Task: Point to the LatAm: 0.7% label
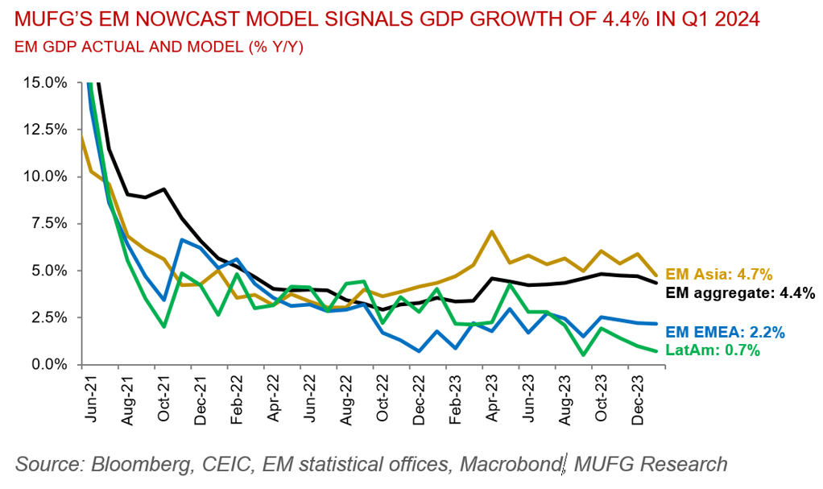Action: pyautogui.click(x=714, y=350)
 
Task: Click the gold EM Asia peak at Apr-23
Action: pyautogui.click(x=491, y=231)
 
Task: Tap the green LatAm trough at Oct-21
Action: pyautogui.click(x=163, y=326)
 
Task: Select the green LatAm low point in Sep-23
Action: pyautogui.click(x=581, y=354)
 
